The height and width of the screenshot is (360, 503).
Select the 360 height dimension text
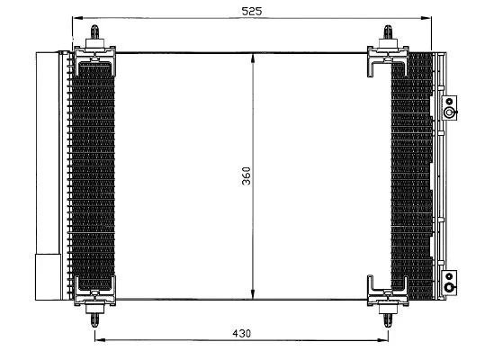tap(246, 176)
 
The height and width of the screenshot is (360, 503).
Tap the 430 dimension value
tap(241, 333)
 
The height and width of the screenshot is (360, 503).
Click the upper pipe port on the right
tap(447, 112)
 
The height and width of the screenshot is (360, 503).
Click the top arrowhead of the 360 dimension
tap(254, 57)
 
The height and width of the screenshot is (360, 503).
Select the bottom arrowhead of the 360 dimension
tap(254, 297)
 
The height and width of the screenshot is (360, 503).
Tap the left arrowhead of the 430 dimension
tap(99, 339)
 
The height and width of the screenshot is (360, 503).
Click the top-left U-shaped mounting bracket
tap(95, 62)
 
